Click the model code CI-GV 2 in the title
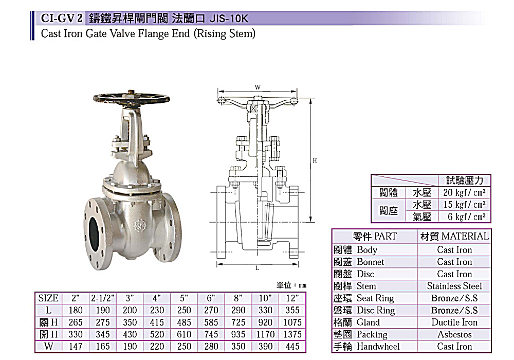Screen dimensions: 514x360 (x=61, y=18)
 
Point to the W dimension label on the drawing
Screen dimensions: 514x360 (x=258, y=87)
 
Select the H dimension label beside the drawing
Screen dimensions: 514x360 (x=315, y=160)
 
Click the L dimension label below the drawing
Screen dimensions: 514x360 (x=258, y=268)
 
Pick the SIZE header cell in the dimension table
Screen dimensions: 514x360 (x=48, y=298)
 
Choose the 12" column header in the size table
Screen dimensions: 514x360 (x=292, y=298)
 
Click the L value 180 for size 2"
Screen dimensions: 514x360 (x=76, y=310)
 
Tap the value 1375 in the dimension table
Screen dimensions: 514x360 (x=292, y=334)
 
